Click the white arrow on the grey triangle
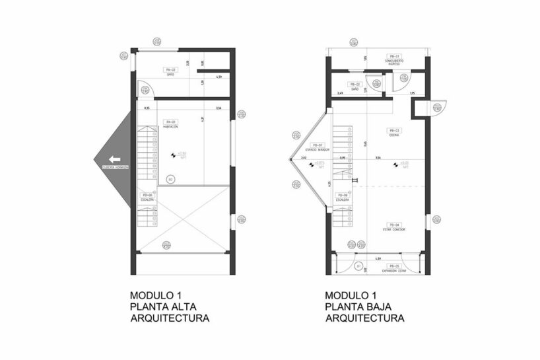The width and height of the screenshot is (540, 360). coord(115,159)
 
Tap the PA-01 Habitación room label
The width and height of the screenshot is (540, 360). coord(170,125)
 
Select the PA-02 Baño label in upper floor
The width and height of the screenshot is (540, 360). coord(170,71)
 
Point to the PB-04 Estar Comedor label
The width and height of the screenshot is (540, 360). coord(395,227)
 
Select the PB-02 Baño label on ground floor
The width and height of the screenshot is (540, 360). coord(354,87)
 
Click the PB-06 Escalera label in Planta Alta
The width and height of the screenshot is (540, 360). coord(147,196)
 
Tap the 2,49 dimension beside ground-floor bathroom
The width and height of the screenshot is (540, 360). coord(341,94)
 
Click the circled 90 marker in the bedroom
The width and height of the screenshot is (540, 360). coord(170,178)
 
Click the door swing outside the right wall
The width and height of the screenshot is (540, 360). coord(438,108)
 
